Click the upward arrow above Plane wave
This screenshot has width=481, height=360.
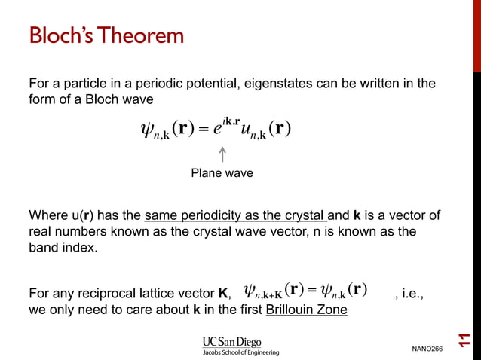[222, 154]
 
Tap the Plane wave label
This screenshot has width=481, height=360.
[222, 173]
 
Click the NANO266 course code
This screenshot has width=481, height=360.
[427, 348]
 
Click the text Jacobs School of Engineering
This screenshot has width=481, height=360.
[240, 352]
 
